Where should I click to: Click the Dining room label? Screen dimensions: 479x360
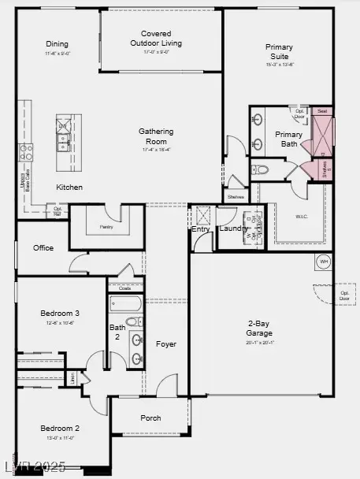tap(58, 44)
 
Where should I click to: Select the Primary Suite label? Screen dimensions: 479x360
tap(279, 52)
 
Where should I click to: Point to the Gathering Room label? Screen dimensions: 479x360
tap(156, 136)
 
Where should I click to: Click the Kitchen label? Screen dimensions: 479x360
tap(69, 187)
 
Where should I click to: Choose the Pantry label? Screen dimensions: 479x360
tap(106, 227)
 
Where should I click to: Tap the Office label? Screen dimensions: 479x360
tap(43, 247)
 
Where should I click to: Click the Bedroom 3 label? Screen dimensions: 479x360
tap(60, 313)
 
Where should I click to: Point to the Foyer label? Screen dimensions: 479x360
tap(166, 343)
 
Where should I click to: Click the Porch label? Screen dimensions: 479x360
tap(150, 418)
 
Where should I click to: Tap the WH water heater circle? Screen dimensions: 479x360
tap(323, 262)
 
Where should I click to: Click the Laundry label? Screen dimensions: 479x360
tap(233, 228)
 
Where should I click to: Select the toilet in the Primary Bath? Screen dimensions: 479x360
tap(262, 169)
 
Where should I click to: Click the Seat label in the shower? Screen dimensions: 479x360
tap(322, 111)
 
